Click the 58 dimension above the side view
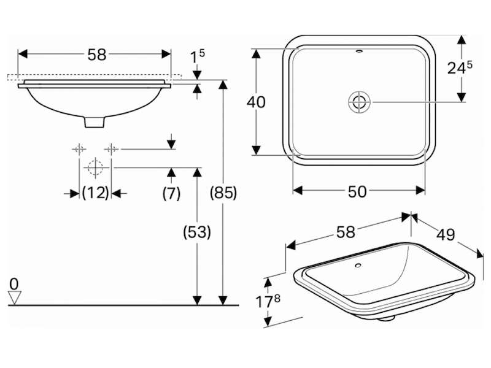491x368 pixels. pos(97,55)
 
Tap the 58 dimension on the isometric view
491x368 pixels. pos(346,232)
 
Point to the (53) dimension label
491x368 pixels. pos(197,232)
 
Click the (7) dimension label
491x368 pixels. pos(171,193)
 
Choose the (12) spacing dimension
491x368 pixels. pos(96,193)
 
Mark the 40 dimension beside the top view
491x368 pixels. pos(256,102)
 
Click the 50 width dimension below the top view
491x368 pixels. pos(357,191)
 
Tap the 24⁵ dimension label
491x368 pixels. pos(460,67)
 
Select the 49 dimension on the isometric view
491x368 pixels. pos(446,234)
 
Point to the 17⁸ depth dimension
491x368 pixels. pos(268,301)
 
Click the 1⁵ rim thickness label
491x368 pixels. pos(197,57)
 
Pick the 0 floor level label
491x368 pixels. pos(14,284)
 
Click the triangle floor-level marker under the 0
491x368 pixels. pos(15,297)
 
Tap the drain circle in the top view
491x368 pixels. pos(359,102)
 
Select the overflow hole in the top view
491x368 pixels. pos(360,51)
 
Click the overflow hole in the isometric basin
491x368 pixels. pos(358,266)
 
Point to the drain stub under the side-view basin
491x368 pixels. pos(95,122)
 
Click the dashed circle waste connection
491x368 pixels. pos(95,167)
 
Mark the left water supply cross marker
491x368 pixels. pos(79,149)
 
